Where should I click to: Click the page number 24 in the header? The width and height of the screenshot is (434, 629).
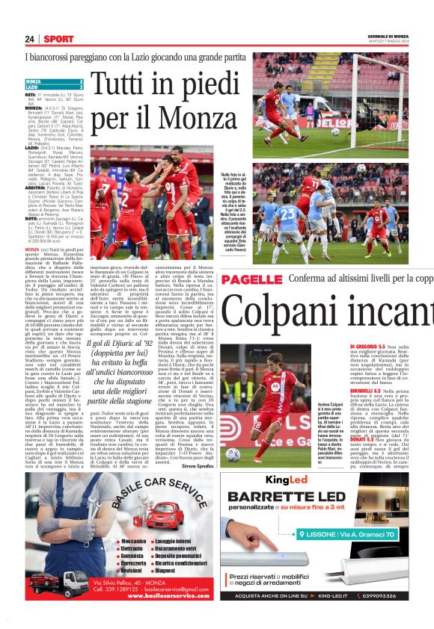click(x=30, y=39)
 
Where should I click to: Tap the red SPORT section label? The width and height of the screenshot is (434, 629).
click(x=58, y=39)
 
